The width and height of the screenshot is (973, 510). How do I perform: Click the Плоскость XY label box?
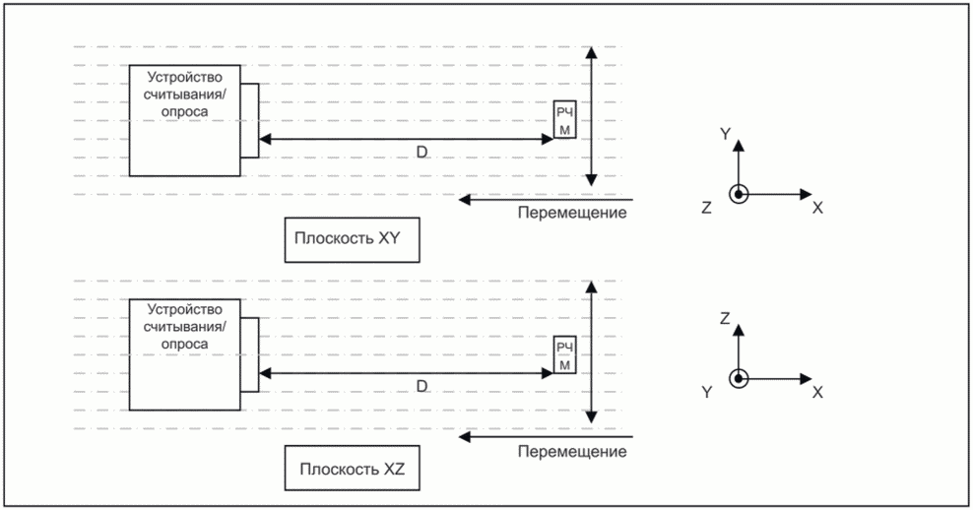point(352,239)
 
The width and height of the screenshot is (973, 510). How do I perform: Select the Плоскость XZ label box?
point(352,468)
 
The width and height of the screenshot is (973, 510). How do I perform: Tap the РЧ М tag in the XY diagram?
point(564,120)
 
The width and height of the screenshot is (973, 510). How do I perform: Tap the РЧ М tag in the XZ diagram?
point(564,354)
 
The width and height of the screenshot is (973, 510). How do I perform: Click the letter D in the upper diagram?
point(422,152)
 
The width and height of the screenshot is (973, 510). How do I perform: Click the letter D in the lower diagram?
point(422,387)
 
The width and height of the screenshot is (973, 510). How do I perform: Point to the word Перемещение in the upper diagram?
point(572,213)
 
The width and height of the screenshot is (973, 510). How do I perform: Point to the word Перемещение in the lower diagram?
point(572,452)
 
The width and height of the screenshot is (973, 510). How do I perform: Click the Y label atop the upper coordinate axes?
point(725,133)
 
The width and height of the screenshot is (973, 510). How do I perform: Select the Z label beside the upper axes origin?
point(706,208)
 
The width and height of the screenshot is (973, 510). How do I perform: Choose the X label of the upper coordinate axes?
point(817,209)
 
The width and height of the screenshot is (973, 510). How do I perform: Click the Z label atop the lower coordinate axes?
point(725,318)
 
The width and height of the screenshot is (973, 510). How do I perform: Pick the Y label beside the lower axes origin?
point(706,392)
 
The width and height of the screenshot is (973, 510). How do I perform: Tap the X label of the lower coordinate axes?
point(817,392)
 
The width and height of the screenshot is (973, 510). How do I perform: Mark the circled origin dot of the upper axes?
point(739,194)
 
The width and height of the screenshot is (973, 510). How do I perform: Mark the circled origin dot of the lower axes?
point(739,378)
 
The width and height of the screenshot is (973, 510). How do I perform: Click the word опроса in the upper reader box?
point(185,112)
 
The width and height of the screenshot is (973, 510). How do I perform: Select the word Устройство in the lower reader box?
point(185,309)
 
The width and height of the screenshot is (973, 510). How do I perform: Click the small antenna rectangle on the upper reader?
point(249,120)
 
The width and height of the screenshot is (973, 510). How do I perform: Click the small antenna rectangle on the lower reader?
point(249,354)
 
